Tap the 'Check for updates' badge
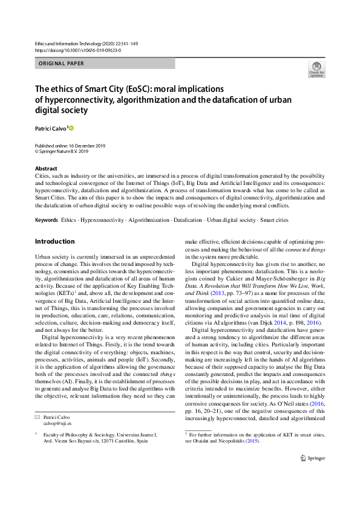[x=316, y=70]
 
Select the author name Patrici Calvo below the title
[x=51, y=128]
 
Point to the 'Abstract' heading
[x=47, y=169]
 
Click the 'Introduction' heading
[x=55, y=241]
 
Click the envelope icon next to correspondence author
[x=38, y=417]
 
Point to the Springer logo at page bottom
[x=313, y=476]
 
